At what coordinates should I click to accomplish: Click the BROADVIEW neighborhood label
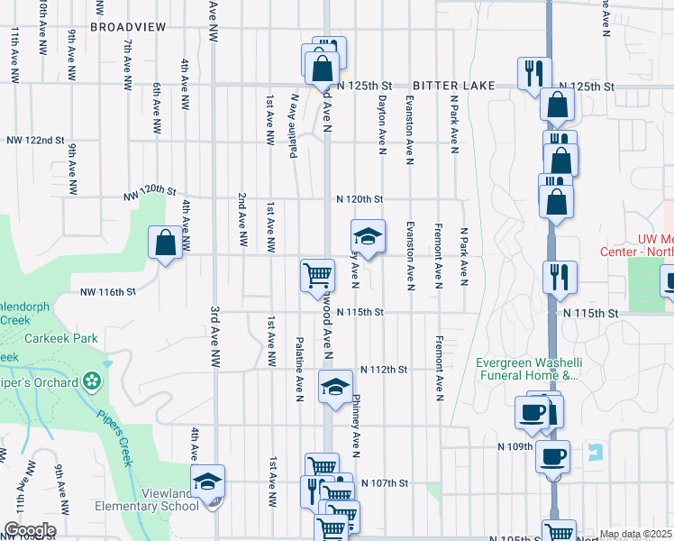(128, 27)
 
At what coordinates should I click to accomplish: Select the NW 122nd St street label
(35, 141)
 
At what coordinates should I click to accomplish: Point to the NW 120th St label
(150, 190)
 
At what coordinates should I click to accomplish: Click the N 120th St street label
(360, 198)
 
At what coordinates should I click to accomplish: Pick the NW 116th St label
(107, 292)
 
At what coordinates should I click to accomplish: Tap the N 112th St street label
(385, 370)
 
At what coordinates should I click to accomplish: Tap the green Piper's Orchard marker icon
(90, 382)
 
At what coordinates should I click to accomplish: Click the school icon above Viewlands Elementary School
(207, 481)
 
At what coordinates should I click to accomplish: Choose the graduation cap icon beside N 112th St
(335, 387)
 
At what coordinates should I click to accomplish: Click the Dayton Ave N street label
(383, 124)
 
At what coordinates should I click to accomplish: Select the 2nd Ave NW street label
(242, 220)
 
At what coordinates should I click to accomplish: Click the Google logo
(30, 529)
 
